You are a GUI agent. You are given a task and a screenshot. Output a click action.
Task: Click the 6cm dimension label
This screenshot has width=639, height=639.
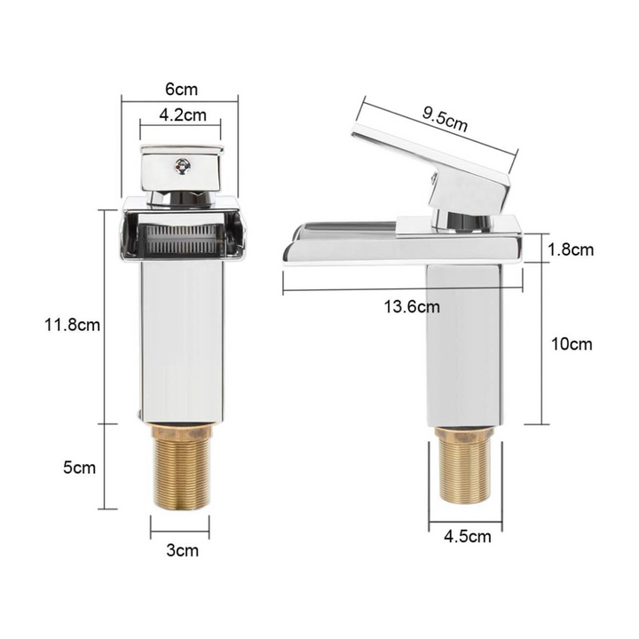[181, 89]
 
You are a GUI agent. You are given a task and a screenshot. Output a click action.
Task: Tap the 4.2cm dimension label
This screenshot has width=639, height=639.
[183, 114]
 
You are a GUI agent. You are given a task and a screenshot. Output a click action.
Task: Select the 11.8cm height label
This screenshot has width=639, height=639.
[72, 325]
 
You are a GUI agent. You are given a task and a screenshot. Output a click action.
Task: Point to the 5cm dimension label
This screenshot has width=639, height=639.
[80, 467]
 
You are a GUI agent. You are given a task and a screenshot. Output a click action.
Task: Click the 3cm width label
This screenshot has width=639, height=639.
[182, 550]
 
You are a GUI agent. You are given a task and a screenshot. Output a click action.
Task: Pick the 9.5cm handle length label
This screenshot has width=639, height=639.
[445, 120]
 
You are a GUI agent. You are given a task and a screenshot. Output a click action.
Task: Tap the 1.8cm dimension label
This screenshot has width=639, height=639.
[570, 249]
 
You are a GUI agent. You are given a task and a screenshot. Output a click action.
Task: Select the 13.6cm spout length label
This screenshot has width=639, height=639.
[412, 306]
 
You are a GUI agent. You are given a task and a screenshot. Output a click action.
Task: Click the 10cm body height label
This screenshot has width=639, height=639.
[572, 344]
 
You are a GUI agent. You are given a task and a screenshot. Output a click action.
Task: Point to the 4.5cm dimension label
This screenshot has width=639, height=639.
[468, 536]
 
